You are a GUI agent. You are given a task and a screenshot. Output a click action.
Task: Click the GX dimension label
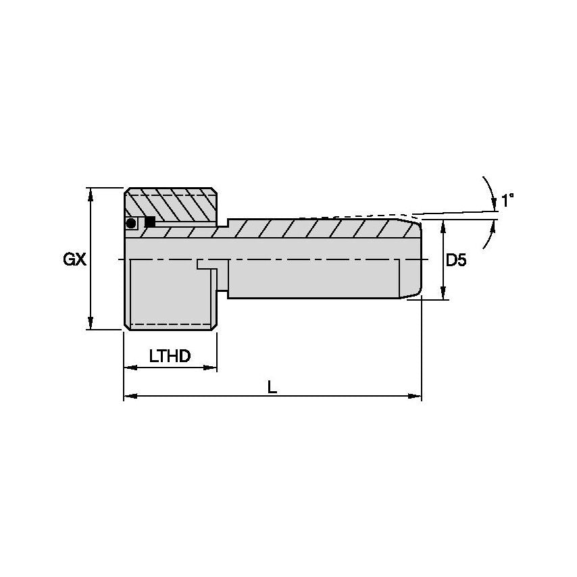point(75,260)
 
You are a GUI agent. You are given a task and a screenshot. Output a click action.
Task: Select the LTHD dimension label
point(170,356)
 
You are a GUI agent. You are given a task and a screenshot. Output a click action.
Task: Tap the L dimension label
point(272,387)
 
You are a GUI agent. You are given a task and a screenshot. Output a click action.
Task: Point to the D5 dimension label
point(456,260)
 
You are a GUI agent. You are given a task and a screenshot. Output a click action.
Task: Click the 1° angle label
point(507,201)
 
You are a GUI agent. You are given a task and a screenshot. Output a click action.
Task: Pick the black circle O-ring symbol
point(130,223)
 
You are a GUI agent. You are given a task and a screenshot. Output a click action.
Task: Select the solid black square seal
point(150,222)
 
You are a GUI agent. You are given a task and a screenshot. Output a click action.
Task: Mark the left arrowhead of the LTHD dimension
point(130,368)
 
